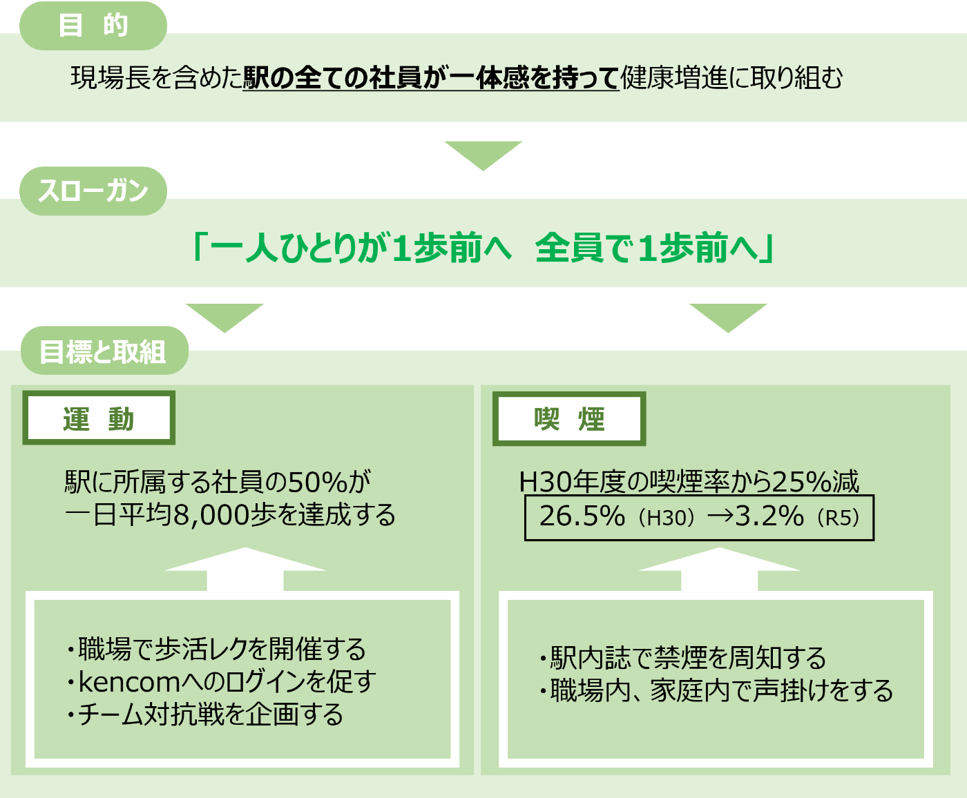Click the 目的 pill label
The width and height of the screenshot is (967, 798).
[x=93, y=26]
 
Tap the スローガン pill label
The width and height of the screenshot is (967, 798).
[x=93, y=191]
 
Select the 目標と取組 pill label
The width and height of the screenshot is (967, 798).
[x=104, y=351]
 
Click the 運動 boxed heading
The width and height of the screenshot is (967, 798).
[x=99, y=418]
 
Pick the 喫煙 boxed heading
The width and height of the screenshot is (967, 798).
[x=569, y=419]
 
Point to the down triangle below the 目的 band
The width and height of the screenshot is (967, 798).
[x=483, y=155]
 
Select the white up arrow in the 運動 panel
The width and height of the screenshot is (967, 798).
[x=245, y=570]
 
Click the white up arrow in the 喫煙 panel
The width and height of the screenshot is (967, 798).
[x=719, y=570]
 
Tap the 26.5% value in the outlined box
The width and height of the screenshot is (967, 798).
[x=582, y=516]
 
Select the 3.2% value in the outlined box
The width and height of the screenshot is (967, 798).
[x=769, y=516]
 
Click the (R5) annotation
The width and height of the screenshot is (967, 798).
[x=839, y=518]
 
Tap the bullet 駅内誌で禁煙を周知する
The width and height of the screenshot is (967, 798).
[x=683, y=658]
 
